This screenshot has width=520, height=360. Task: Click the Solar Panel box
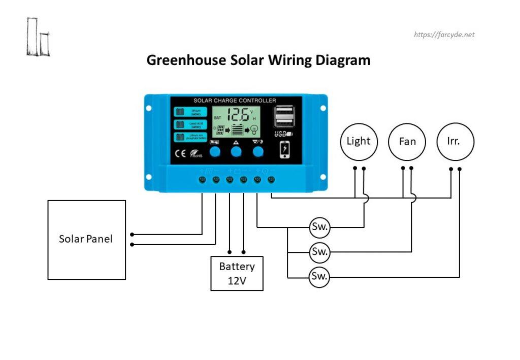coord(86,240)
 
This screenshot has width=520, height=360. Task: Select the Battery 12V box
coord(237,273)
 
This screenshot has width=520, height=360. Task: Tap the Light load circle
coord(359,141)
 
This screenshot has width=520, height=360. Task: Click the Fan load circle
coord(407,142)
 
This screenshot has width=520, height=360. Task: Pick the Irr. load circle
coord(455,142)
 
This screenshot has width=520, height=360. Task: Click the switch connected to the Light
coord(319,227)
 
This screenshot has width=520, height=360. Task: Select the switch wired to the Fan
coord(319,251)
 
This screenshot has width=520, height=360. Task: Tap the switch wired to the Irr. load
coord(319,277)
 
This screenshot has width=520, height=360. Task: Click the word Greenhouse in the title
coord(186,60)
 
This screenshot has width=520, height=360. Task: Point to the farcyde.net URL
coord(444,35)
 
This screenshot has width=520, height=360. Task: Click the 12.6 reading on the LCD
coord(238,115)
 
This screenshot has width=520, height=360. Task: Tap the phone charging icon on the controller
coord(285,149)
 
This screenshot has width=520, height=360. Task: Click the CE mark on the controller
coord(180,154)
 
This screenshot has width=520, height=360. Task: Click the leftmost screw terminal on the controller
coord(202,180)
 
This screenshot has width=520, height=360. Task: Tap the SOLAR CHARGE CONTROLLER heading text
coord(235,101)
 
